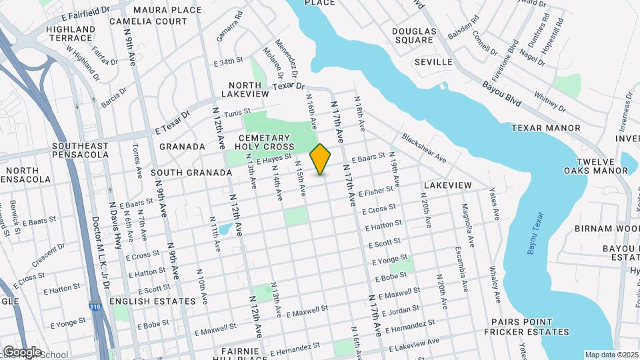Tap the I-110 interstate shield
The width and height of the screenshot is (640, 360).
tap(95, 305)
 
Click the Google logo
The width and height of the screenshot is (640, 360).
tap(21, 351)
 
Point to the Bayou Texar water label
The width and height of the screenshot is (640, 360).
tap(533, 235)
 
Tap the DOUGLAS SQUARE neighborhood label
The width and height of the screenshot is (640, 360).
tap(413, 36)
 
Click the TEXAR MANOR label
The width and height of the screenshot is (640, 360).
tap(545, 128)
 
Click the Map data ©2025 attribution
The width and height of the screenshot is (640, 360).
tap(610, 355)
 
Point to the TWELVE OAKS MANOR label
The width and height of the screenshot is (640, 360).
tap(594, 165)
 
